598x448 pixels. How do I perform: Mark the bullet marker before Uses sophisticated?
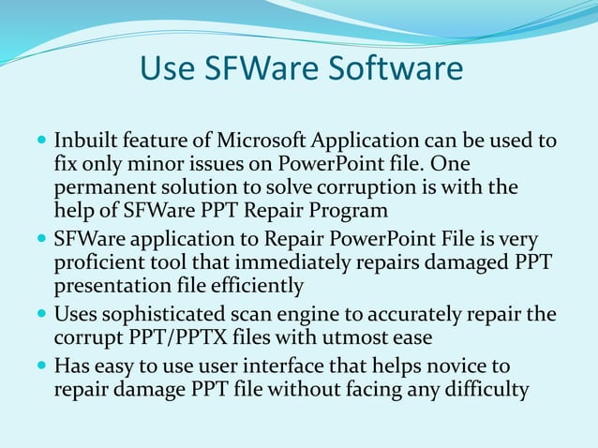[x=40, y=314]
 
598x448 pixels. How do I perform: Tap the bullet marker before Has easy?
[x=40, y=363]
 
